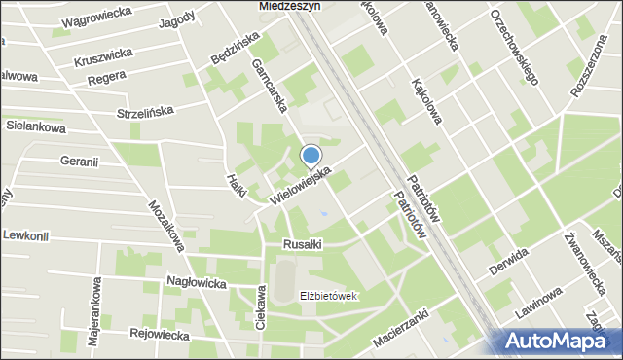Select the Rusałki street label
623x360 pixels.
click(302, 245)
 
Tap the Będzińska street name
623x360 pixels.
click(235, 48)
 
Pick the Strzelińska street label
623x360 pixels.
click(144, 111)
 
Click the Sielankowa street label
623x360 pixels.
click(36, 127)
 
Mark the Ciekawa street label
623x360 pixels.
click(261, 308)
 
